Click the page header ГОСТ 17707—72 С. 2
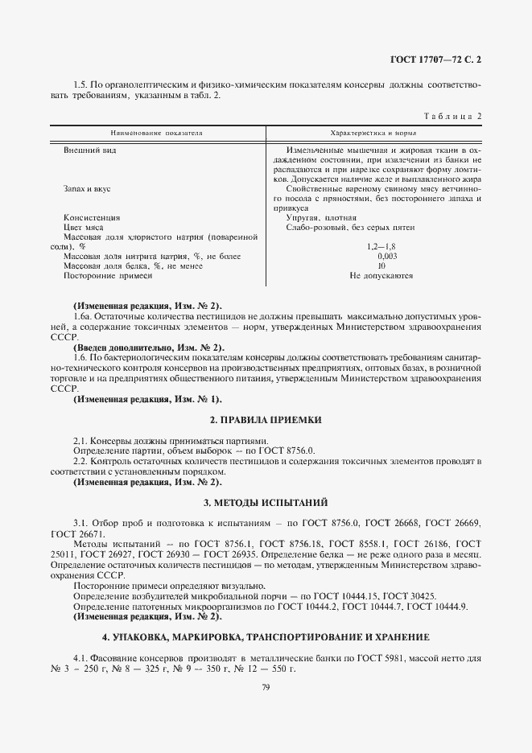click(x=434, y=59)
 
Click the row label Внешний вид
click(x=86, y=150)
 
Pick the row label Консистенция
click(x=92, y=217)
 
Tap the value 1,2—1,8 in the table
click(x=381, y=246)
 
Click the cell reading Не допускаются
click(x=381, y=275)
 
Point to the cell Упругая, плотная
click(x=321, y=217)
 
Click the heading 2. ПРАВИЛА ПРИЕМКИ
click(x=266, y=420)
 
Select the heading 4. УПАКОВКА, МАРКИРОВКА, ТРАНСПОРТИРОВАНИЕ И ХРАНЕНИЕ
click(x=266, y=636)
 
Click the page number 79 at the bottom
click(x=266, y=686)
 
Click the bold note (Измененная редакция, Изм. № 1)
click(x=146, y=399)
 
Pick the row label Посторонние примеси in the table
click(x=108, y=275)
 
